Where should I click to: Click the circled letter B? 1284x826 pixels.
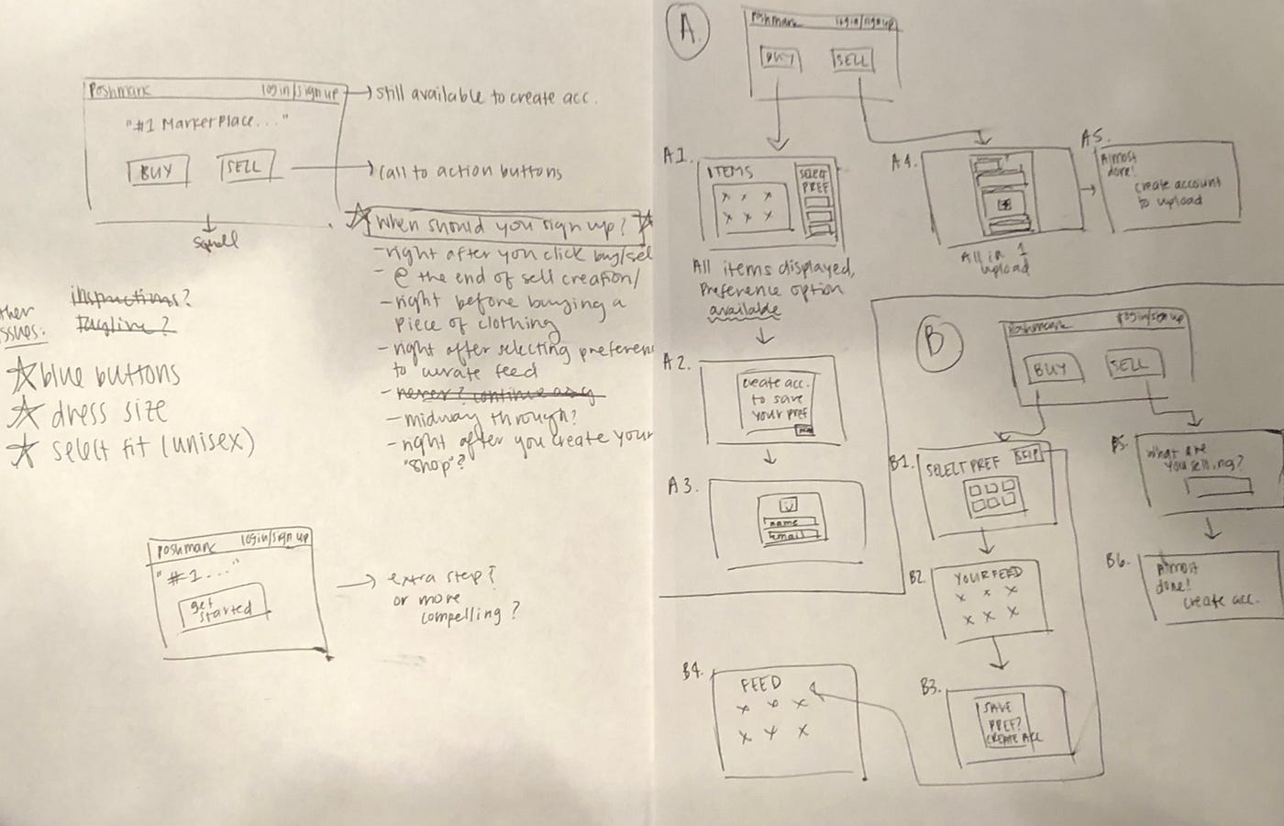[x=935, y=340]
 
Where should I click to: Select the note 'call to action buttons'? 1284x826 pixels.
[x=470, y=172]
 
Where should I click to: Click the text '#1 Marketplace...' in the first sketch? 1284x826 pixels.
[x=205, y=123]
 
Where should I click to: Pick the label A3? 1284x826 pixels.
[x=681, y=486]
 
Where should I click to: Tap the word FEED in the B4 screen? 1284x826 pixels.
[x=760, y=685]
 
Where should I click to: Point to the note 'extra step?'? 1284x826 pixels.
[x=441, y=579]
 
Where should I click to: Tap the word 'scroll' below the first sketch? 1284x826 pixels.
[x=216, y=241]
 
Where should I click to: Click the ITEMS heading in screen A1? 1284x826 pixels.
[x=730, y=173]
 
